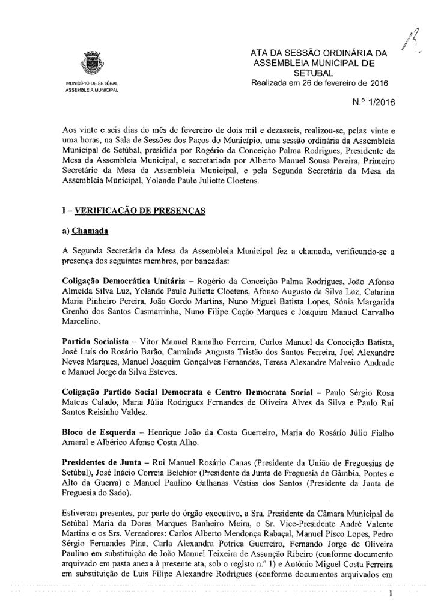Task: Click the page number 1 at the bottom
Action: tap(391, 595)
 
